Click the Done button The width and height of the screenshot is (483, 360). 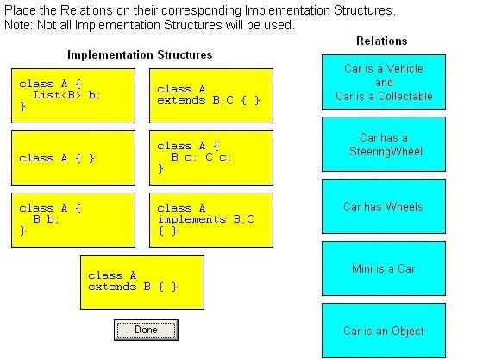tap(146, 330)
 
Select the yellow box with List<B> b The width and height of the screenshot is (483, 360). tap(73, 96)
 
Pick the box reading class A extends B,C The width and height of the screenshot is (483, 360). tap(211, 96)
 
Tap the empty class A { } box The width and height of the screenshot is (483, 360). tap(73, 158)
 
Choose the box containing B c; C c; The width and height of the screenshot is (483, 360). tap(211, 158)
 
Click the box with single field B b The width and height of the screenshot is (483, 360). tap(73, 220)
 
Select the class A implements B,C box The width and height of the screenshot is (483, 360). tap(211, 220)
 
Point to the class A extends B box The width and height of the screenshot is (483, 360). tap(142, 282)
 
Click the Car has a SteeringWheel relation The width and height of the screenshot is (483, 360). tap(384, 144)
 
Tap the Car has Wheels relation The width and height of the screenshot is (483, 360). tap(384, 206)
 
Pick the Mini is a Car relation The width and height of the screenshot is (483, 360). tap(384, 268)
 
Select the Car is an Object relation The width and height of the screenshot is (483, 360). tap(384, 331)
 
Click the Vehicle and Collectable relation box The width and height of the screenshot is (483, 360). tap(384, 82)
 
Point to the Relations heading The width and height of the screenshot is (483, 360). tap(381, 41)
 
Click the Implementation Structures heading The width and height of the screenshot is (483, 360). tap(140, 55)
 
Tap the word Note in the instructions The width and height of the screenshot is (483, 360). tap(18, 25)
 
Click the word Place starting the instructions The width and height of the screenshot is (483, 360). tap(20, 10)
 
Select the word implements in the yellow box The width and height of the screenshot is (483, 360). tap(191, 219)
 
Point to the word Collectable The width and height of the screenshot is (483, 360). tap(405, 96)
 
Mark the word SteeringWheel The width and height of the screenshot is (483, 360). tap(386, 151)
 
